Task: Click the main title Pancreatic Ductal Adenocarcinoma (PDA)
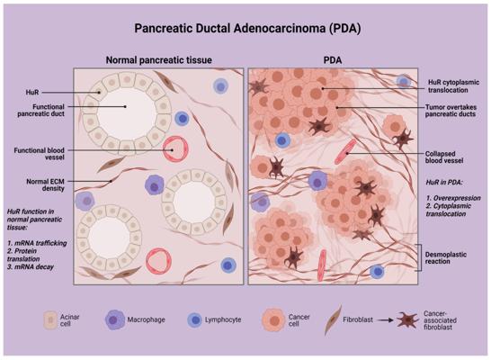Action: [x=247, y=29]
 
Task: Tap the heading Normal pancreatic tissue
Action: [x=159, y=59]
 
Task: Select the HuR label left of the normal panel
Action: [x=32, y=93]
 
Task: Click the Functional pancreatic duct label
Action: [x=40, y=111]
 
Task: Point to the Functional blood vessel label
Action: [x=40, y=154]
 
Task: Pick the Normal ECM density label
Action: [x=45, y=184]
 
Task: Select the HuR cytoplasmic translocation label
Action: [x=454, y=86]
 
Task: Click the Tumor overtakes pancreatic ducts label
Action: [x=451, y=111]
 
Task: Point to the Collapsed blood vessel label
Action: [x=444, y=157]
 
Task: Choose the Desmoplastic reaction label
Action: [x=446, y=258]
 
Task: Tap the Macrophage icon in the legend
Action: [x=113, y=319]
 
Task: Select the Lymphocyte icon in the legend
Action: [x=195, y=319]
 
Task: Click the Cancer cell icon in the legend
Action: [x=273, y=319]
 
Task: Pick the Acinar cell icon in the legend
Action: [x=50, y=319]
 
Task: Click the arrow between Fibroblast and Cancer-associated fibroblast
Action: [x=385, y=320]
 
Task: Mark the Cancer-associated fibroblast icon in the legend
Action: [x=407, y=320]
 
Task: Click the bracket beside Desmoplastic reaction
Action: [x=420, y=257]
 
